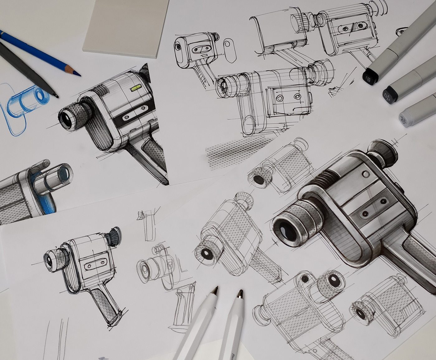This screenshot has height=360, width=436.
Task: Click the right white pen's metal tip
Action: click(x=240, y=293)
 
